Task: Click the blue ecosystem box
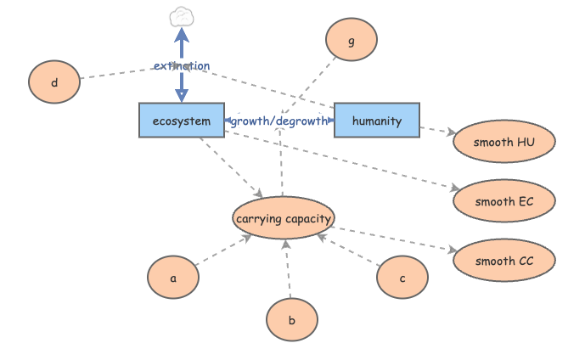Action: pyautogui.click(x=181, y=121)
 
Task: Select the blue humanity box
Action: pyautogui.click(x=376, y=121)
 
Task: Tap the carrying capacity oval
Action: pyautogui.click(x=283, y=220)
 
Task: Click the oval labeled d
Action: pyautogui.click(x=54, y=82)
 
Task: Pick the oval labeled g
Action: pyautogui.click(x=351, y=40)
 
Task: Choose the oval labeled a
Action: pyautogui.click(x=173, y=278)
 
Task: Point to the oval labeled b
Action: pyautogui.click(x=291, y=320)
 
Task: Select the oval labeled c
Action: pyautogui.click(x=402, y=278)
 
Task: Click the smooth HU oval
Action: pyautogui.click(x=504, y=142)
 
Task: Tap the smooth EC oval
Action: pyautogui.click(x=504, y=201)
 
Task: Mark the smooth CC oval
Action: pyautogui.click(x=504, y=261)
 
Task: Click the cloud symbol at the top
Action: pyautogui.click(x=181, y=16)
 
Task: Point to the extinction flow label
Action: pyautogui.click(x=181, y=65)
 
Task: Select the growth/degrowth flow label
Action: pyautogui.click(x=278, y=121)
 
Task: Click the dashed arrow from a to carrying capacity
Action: pyautogui.click(x=222, y=251)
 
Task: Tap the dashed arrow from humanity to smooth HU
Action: pyautogui.click(x=436, y=131)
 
